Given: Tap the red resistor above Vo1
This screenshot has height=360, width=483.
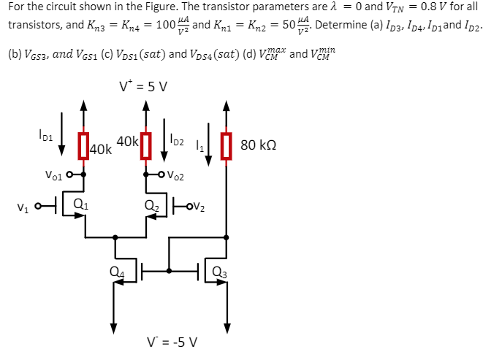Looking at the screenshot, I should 84,146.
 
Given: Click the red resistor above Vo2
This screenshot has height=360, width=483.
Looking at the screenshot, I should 146,145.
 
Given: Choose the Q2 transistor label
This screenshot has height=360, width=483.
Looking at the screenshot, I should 151,204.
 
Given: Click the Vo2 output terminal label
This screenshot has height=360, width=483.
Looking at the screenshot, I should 175,176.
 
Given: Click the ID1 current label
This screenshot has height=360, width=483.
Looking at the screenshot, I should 45,135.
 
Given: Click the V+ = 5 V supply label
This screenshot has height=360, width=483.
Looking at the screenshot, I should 144,86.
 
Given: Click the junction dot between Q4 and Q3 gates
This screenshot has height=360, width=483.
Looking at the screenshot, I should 170,270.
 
